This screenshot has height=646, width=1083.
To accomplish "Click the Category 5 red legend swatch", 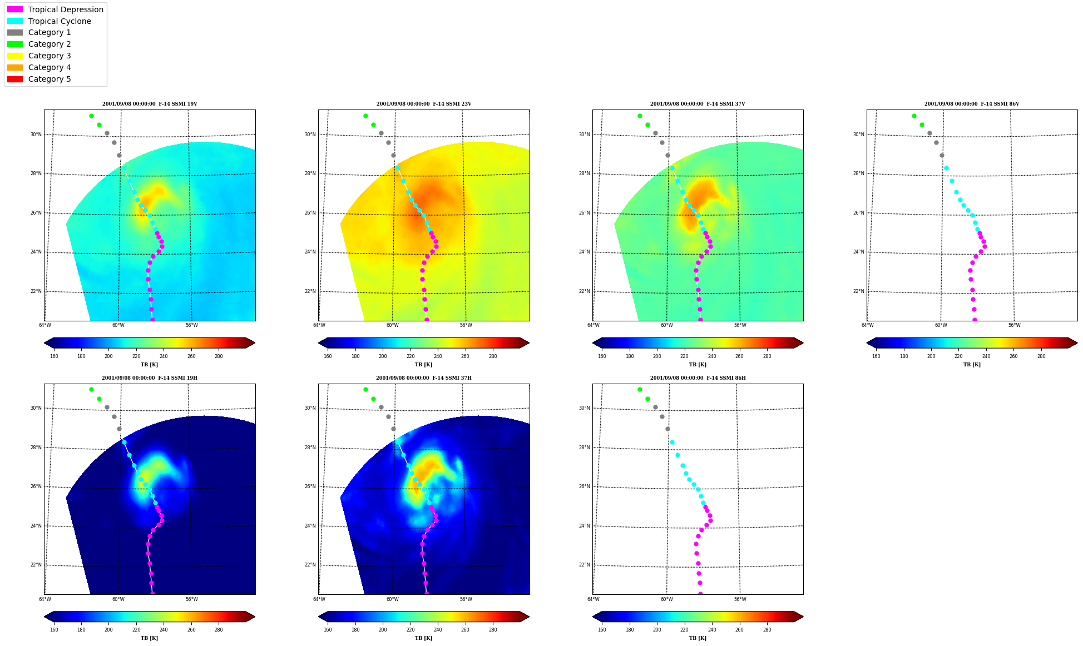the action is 15,79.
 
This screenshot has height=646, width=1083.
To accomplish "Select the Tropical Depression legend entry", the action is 55,9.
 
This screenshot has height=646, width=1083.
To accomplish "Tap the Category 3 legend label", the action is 50,56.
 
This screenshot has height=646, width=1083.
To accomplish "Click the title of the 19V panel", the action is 150,104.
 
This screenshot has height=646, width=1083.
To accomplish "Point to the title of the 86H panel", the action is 698,378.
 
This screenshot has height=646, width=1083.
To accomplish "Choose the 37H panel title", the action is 424,378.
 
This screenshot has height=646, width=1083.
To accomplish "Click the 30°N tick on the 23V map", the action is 310,135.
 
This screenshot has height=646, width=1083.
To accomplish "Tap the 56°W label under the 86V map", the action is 1014,326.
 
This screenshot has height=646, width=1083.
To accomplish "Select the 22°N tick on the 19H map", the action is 36,565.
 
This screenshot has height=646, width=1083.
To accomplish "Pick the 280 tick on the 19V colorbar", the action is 219,356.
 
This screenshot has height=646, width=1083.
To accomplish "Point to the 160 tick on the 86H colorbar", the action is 602,630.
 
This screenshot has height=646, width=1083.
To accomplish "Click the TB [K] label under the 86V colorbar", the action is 972,365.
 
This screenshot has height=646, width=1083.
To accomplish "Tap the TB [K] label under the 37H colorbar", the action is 424,638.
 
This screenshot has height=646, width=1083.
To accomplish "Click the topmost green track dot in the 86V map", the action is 914,116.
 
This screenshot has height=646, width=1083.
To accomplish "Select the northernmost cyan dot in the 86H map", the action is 672,443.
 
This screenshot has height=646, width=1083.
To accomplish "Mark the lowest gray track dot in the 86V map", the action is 942,156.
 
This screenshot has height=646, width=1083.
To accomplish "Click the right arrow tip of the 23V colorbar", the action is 530,343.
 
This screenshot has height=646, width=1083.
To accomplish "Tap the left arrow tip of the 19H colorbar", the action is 44,617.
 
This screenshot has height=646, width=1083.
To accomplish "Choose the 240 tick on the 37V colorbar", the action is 712,356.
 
